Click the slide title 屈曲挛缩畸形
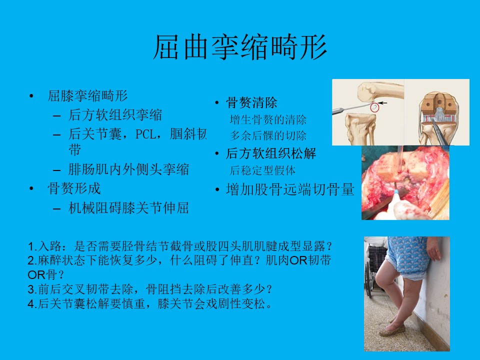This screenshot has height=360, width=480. (240, 47)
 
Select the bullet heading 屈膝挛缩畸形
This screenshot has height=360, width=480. (87, 96)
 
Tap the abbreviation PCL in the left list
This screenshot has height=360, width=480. (145, 134)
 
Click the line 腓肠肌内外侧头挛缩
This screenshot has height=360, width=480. (128, 169)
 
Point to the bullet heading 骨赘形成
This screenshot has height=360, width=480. (74, 188)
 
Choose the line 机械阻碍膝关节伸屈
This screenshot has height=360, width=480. (128, 208)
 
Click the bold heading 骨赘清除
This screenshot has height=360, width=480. (251, 103)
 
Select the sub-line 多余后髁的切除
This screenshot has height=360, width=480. (268, 135)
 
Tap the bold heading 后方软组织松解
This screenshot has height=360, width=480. (271, 153)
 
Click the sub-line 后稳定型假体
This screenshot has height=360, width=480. (262, 170)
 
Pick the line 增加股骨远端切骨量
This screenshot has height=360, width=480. (290, 189)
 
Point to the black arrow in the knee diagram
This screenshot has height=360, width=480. (382, 103)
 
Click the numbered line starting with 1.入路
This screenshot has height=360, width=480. (179, 246)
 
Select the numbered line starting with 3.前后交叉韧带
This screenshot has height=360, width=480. (149, 289)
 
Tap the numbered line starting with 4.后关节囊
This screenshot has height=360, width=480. (149, 304)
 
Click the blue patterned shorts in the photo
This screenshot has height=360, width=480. (407, 256)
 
